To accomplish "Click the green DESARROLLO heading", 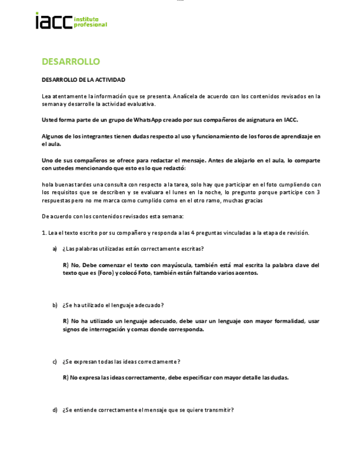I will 70,61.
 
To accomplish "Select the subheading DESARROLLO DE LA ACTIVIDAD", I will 84,80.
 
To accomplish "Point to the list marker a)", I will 55,248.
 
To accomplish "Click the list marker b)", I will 55,305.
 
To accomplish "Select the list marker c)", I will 55,361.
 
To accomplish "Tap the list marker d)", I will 55,409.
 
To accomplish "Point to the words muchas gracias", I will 243,201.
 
